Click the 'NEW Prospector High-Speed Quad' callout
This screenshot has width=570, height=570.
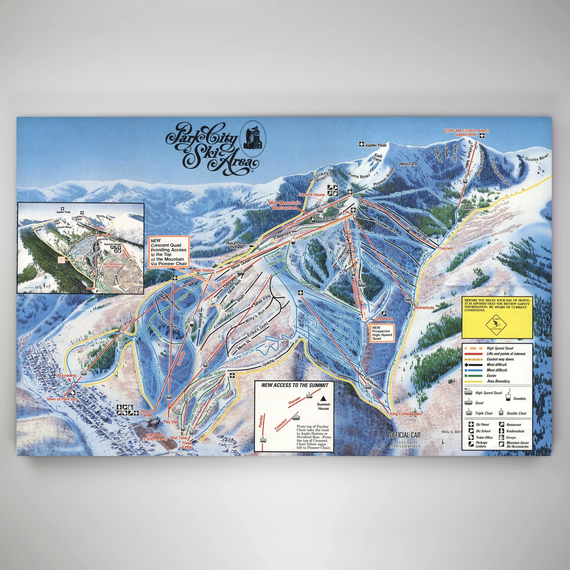tap(382, 333)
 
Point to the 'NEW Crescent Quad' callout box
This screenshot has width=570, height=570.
tap(168, 252)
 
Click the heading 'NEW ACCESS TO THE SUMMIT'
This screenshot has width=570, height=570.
tap(294, 385)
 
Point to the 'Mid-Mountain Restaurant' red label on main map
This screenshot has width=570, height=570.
tap(284, 205)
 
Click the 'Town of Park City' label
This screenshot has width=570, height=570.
tap(62, 399)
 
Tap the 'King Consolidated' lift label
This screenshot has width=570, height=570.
tap(406, 414)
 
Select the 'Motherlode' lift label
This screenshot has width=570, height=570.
tap(424, 308)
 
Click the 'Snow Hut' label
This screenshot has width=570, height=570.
tap(384, 319)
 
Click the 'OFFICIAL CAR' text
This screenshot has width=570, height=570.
tap(405, 435)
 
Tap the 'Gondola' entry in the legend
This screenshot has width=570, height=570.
tap(519, 399)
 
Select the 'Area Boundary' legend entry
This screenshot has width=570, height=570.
tap(498, 381)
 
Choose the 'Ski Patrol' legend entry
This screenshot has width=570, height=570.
tap(482, 424)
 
